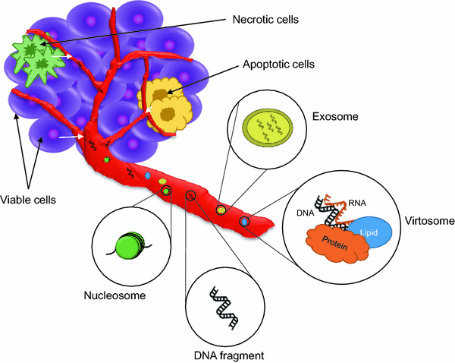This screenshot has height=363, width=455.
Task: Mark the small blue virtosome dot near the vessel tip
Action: [244, 221]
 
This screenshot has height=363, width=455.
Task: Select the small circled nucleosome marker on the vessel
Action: [166, 191]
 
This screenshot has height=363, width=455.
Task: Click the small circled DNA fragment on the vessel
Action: [191, 197]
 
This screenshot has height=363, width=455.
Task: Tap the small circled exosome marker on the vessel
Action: [221, 209]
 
